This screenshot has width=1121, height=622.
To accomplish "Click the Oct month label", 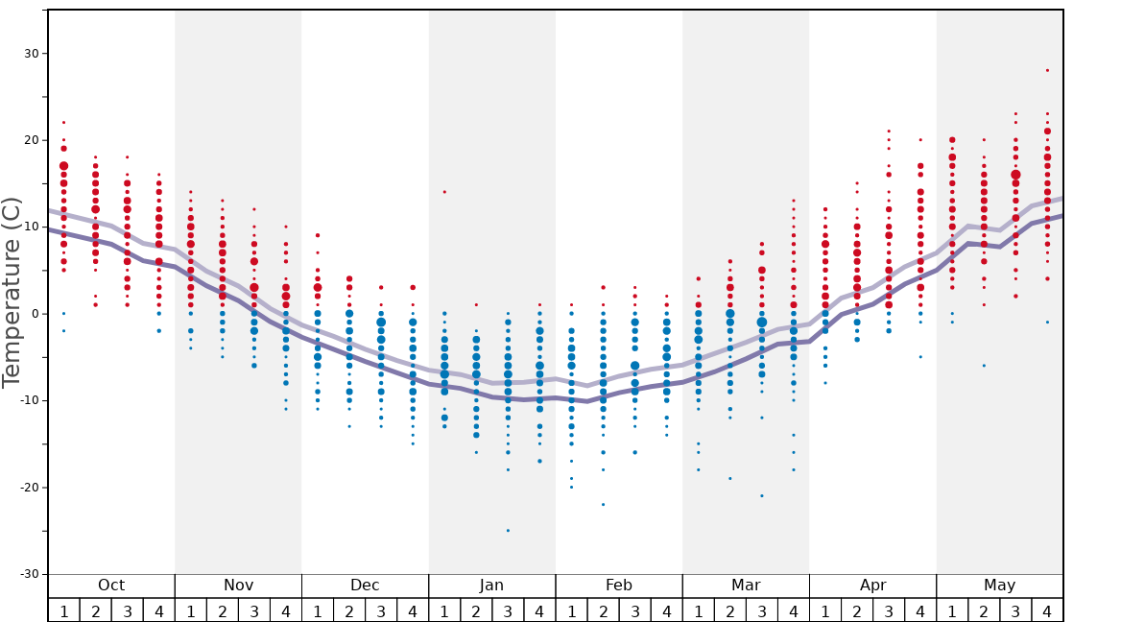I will pyautogui.click(x=111, y=586).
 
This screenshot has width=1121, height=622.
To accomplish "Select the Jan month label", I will pyautogui.click(x=491, y=586).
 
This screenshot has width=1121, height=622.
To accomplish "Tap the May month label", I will pyautogui.click(x=999, y=586).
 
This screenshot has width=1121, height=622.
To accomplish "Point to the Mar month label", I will pyautogui.click(x=746, y=586).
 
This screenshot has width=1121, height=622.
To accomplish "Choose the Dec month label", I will pyautogui.click(x=365, y=586).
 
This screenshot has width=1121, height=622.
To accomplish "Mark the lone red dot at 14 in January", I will pyautogui.click(x=444, y=192).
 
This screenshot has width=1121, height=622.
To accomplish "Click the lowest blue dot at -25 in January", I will pyautogui.click(x=508, y=530).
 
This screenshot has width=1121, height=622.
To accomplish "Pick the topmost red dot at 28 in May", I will pyautogui.click(x=1047, y=70).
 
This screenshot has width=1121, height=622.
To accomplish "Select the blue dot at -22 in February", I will pyautogui.click(x=603, y=504).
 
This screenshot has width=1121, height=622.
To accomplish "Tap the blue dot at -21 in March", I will pyautogui.click(x=762, y=495).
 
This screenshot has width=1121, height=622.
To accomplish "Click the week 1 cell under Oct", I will pyautogui.click(x=63, y=610).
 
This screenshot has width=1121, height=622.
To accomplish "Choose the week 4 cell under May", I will pyautogui.click(x=1047, y=610).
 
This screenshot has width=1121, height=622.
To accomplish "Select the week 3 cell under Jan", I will pyautogui.click(x=508, y=610).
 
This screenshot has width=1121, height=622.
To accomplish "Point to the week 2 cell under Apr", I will pyautogui.click(x=857, y=610).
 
